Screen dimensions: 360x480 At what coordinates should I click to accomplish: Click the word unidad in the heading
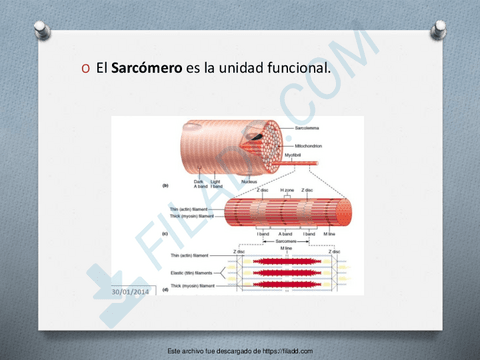click(239, 68)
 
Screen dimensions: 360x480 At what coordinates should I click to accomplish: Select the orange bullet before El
click(85, 69)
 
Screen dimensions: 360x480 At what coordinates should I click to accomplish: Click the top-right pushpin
click(438, 30)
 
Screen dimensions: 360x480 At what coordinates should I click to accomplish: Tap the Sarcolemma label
click(308, 128)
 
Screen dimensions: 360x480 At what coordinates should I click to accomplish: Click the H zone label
click(287, 190)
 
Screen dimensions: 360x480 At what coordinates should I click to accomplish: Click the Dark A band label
click(201, 183)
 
